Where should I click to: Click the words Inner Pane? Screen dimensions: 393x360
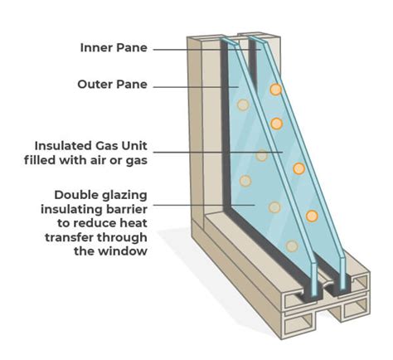coord(114,48)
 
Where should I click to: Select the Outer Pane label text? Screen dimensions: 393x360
coord(112,85)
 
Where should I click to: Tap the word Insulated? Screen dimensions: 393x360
coord(63,146)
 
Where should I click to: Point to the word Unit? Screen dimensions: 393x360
coord(134,146)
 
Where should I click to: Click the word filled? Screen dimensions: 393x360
coord(40,160)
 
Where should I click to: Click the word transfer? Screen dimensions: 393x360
coord(69,237)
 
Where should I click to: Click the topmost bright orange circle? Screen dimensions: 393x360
coord(275,90)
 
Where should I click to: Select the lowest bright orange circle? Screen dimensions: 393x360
coord(312,216)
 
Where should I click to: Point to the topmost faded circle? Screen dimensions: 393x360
coord(243,105)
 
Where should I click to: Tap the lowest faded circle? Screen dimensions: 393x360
coord(292,246)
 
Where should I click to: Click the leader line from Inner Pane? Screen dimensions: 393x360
coord(207,50)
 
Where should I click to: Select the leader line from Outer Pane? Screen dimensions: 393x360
coord(196,87)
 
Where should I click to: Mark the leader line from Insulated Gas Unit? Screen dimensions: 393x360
coord(218,152)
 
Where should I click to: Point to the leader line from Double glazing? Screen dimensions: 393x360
coord(204,205)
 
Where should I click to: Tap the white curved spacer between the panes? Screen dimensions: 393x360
coord(327,285)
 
